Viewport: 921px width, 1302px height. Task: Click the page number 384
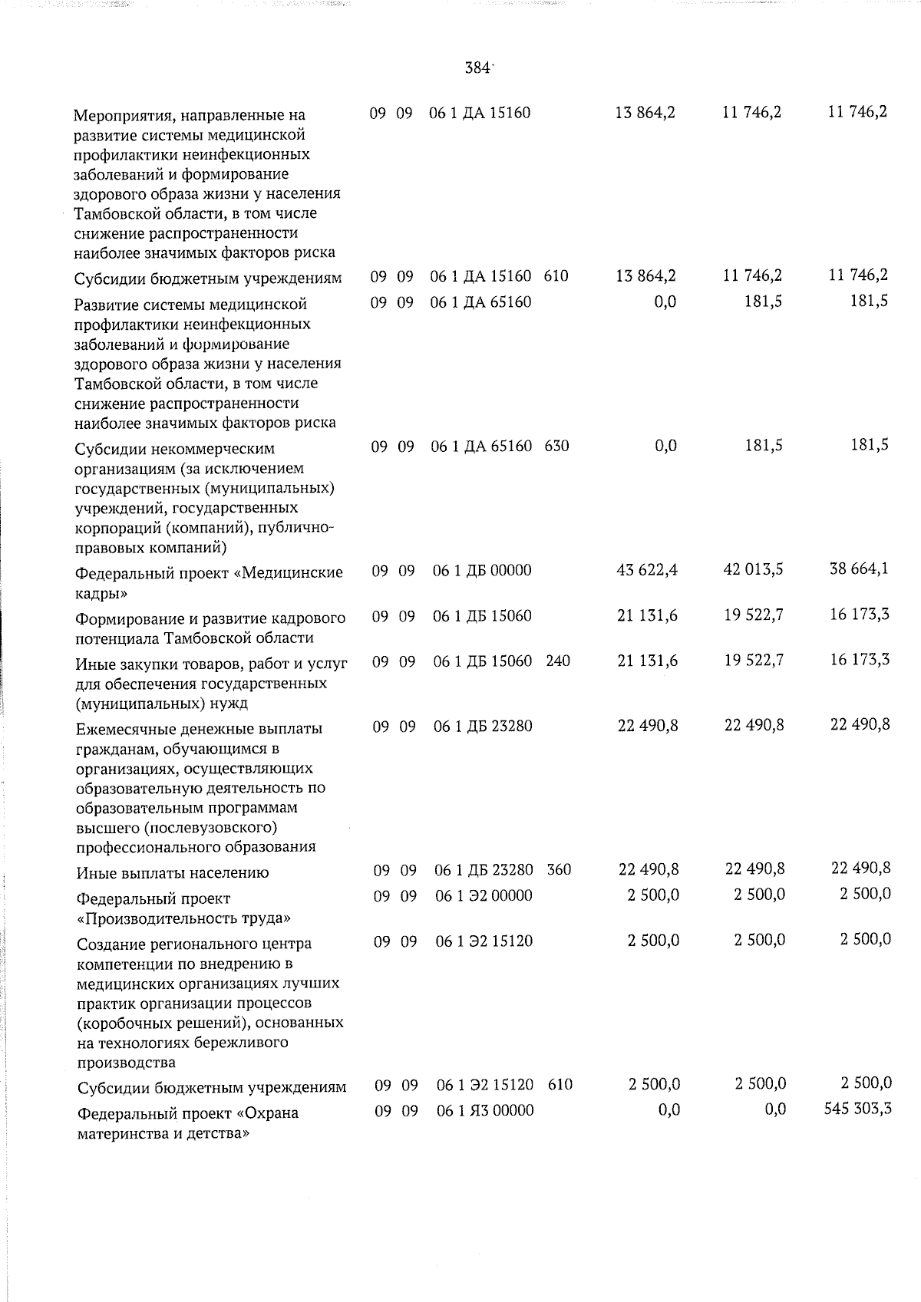[x=477, y=68]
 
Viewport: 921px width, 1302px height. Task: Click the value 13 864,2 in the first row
[x=645, y=113]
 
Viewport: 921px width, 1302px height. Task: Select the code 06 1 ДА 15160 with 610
[x=480, y=276]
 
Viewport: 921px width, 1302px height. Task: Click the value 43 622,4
[x=647, y=570]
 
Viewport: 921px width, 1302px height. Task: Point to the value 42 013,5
[x=754, y=570]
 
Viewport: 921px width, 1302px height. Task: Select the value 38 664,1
[x=860, y=569]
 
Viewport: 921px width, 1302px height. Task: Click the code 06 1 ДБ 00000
[x=482, y=571]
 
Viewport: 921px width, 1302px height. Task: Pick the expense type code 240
[x=558, y=661]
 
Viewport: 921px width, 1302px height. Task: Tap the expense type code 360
[x=560, y=870]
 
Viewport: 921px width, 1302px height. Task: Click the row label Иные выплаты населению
[x=173, y=873]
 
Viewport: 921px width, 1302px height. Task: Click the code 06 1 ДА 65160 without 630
[x=480, y=302]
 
